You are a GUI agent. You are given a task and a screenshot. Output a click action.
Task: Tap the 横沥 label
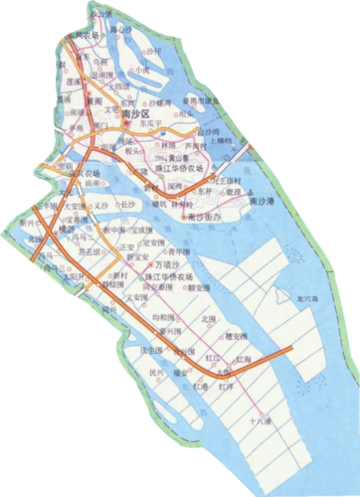(67, 228)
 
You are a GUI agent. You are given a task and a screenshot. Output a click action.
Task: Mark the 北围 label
(207, 319)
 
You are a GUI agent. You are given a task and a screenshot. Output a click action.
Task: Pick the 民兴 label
(154, 373)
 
